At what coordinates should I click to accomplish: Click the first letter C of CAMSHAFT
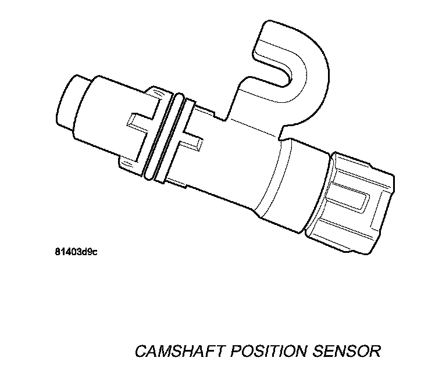click(x=141, y=351)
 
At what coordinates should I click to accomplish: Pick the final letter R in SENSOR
click(x=374, y=351)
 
